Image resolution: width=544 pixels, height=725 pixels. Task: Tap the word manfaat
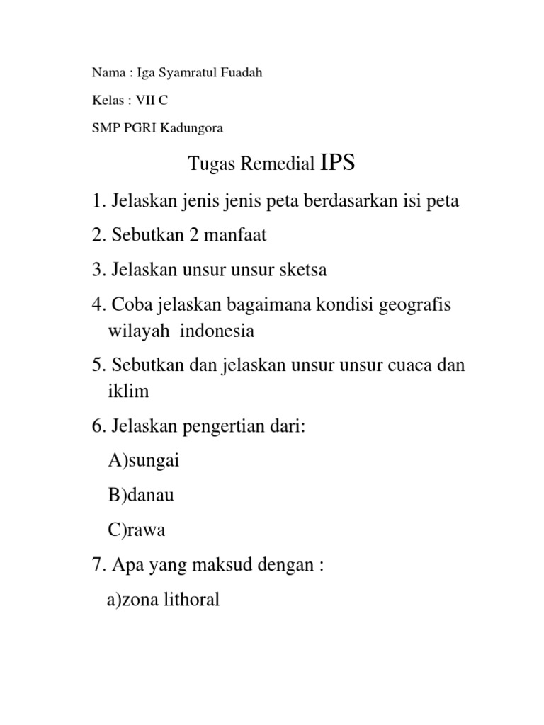(x=237, y=236)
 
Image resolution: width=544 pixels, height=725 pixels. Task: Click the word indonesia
(x=220, y=331)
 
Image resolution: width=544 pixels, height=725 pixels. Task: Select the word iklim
(x=128, y=392)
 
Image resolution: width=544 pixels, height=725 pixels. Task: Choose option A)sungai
(x=144, y=462)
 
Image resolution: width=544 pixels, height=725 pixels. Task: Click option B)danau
(x=141, y=496)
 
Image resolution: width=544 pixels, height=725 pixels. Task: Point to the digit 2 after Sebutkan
(x=192, y=236)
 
